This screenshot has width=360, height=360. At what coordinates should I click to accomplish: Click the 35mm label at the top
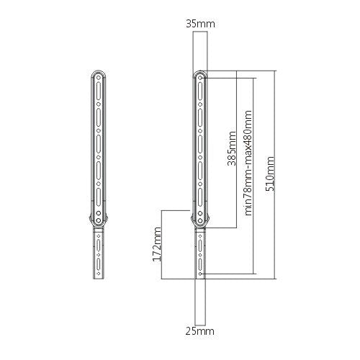[x=199, y=24]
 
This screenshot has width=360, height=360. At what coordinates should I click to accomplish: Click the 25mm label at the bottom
[x=199, y=331]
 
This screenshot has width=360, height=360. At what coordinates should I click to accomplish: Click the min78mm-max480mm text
[x=248, y=162]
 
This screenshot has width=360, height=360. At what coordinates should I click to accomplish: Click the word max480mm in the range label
[x=248, y=133]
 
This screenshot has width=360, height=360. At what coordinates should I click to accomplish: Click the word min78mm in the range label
[x=248, y=193]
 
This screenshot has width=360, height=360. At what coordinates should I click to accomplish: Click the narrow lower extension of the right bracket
[x=199, y=256]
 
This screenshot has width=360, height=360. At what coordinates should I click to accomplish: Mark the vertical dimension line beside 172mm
[x=165, y=243]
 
